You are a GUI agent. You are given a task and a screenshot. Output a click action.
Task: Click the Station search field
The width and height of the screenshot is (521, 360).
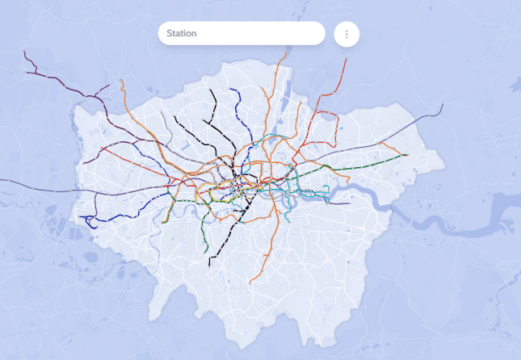(x=241, y=33)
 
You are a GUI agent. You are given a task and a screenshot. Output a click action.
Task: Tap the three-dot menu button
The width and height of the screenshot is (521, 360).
(x=347, y=34)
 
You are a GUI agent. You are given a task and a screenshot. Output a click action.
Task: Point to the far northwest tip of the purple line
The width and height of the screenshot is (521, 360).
(x=25, y=53)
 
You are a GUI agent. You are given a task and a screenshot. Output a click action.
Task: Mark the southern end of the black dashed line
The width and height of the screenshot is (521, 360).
(x=209, y=266)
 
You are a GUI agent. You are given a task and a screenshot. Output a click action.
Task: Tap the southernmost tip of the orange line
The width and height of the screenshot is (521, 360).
(x=251, y=283)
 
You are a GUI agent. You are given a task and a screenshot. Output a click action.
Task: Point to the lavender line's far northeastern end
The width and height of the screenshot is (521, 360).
(x=443, y=106)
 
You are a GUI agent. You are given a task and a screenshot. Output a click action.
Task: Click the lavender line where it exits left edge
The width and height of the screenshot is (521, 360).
(x=2, y=180)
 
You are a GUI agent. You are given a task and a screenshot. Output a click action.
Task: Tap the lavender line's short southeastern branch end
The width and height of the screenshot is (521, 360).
(x=347, y=203)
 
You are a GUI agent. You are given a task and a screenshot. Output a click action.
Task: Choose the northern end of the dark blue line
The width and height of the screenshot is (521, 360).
(x=231, y=89)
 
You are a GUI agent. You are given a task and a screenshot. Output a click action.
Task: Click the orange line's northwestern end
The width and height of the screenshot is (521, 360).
(x=121, y=81)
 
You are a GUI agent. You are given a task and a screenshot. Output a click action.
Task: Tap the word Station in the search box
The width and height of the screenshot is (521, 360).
(x=182, y=34)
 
